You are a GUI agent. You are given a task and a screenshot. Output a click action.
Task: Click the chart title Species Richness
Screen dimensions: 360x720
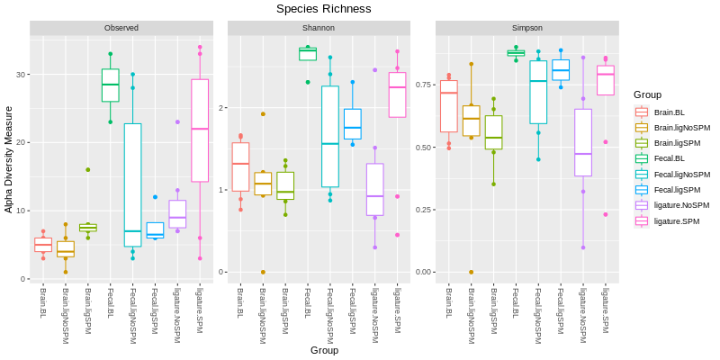pos(323,9)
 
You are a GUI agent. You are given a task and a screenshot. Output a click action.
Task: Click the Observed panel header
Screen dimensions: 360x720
pos(121,28)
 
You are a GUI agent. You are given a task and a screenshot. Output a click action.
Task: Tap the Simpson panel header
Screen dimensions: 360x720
pos(526,28)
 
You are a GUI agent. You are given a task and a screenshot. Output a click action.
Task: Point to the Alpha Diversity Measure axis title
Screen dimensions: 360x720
pos(9,158)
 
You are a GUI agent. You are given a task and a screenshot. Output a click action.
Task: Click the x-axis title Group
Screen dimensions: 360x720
pos(324,350)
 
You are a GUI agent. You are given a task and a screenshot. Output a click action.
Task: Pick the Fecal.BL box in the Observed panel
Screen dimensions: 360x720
pos(110,85)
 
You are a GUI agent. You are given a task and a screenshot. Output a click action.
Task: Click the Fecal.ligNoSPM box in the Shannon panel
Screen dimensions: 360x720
pos(329,137)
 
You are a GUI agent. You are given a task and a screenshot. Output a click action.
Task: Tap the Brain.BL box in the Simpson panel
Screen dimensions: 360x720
pos(448,106)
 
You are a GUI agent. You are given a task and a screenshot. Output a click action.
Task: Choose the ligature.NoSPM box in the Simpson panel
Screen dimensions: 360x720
pos(583,142)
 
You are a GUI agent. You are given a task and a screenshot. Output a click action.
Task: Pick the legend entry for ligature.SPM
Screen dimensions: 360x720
pos(676,221)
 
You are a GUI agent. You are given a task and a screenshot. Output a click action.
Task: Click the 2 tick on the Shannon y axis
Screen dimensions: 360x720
pos(220,108)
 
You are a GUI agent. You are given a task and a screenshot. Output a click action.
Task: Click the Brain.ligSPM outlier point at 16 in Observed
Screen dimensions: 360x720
pos(87,169)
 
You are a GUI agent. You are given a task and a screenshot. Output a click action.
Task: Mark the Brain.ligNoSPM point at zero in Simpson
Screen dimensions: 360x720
pos(471,272)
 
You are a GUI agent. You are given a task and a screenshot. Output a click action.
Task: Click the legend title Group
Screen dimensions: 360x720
pos(647,94)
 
